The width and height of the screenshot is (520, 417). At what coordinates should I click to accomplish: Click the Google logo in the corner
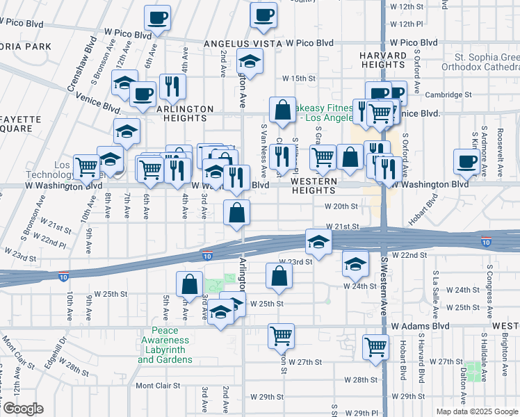pos(23,409)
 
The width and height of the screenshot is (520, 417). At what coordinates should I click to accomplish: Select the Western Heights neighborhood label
pos(314,186)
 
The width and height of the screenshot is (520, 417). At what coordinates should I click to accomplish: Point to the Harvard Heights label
pos(382,60)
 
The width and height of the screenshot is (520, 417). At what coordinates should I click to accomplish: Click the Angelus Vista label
pos(242,43)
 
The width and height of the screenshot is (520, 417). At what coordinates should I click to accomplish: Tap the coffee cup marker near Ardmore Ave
pos(466,163)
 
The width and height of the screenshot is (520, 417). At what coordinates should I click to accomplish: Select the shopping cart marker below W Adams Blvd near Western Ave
pos(375,346)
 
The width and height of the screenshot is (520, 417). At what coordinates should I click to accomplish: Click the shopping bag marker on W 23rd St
pos(279,276)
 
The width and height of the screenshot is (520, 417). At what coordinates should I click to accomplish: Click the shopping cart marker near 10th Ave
pos(86,167)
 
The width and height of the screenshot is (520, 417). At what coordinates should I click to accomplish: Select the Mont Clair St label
pos(158,386)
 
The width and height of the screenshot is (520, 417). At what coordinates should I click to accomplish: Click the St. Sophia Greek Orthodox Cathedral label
pos(487,62)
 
